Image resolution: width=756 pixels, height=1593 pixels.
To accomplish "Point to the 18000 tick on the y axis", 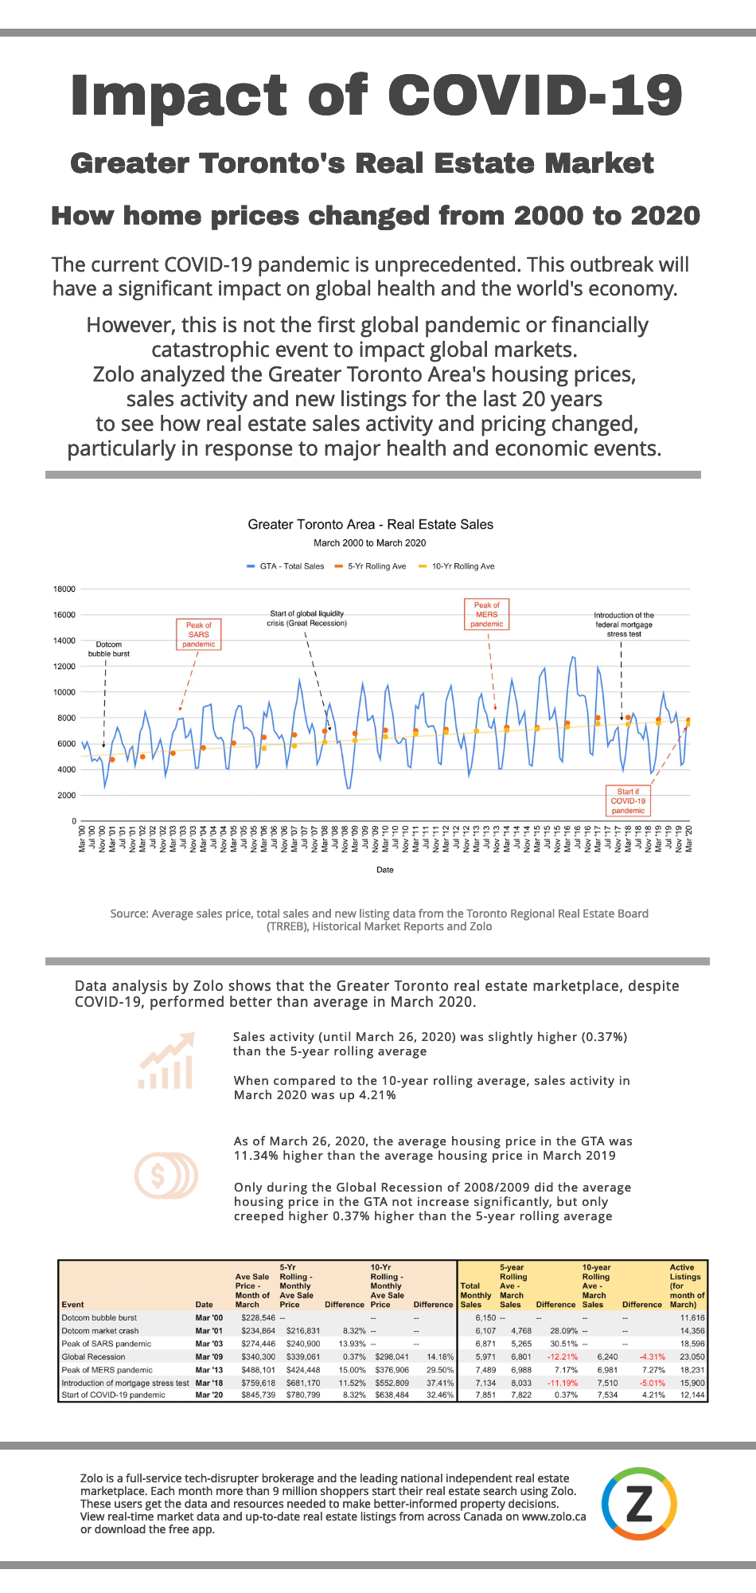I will pyautogui.click(x=64, y=589).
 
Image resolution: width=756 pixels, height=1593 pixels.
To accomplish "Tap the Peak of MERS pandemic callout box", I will pyautogui.click(x=487, y=615).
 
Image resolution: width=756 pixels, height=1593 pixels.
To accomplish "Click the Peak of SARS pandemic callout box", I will pyautogui.click(x=198, y=635).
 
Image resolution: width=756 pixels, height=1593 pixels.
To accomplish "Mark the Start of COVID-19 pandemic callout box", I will pyautogui.click(x=628, y=801).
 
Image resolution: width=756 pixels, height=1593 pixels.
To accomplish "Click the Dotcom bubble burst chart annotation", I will pyautogui.click(x=109, y=649).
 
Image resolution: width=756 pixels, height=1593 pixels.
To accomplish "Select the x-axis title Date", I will pyautogui.click(x=385, y=870).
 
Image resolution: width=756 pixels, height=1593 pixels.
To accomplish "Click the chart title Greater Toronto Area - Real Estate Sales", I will pyautogui.click(x=370, y=525).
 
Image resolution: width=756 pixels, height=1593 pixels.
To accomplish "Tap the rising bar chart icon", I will pyautogui.click(x=166, y=1062).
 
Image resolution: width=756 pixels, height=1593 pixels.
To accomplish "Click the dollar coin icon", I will pyautogui.click(x=166, y=1176).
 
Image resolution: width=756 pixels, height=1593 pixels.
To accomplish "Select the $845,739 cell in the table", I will pyautogui.click(x=258, y=1395).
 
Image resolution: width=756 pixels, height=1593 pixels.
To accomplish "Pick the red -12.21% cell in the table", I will pyautogui.click(x=562, y=1356).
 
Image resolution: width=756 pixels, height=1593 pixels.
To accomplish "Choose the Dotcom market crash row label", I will pyautogui.click(x=100, y=1331).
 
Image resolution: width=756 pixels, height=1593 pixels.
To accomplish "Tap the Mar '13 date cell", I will pyautogui.click(x=209, y=1370).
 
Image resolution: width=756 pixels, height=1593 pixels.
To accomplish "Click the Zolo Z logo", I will pyautogui.click(x=639, y=1504).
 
